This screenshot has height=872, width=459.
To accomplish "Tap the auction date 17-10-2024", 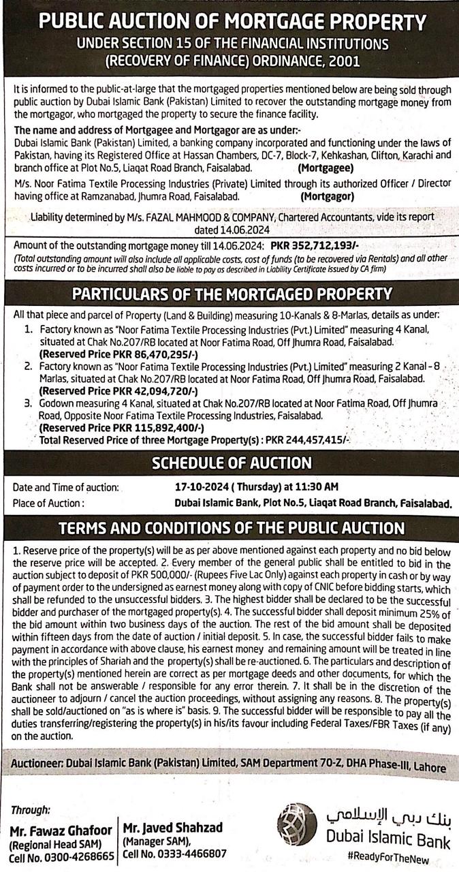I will pos(203,487).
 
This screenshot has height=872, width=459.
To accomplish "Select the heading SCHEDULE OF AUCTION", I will pos(232,463).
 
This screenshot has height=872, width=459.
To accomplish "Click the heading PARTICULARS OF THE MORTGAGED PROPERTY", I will pos(232,294).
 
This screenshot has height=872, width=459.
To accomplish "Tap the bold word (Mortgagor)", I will pos(327,196).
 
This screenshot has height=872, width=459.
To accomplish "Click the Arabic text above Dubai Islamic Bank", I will pos(388,815).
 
